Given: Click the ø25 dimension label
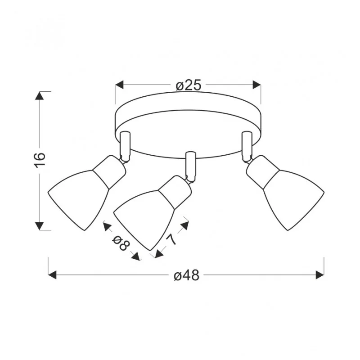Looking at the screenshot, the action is pos(188,85).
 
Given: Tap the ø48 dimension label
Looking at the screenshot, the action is pos(186,275).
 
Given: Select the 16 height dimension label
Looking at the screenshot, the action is pos(40,160).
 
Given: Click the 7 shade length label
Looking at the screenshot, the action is pos(172,240).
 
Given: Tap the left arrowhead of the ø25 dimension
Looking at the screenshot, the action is pos(119,85).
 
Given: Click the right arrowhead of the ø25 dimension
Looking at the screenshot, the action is pos(256,85).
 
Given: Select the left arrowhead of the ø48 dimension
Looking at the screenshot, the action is pos(52,275).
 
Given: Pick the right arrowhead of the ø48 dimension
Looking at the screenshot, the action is pos(320,275).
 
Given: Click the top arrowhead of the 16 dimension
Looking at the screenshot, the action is pos(40,96).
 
